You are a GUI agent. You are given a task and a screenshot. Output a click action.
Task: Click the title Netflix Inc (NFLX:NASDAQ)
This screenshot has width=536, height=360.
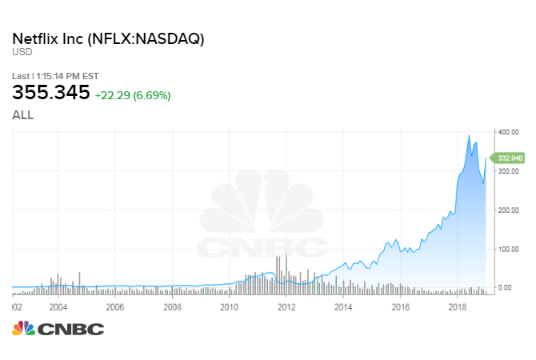click(x=108, y=38)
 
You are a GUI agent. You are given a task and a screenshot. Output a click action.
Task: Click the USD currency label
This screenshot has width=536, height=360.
click(x=22, y=53)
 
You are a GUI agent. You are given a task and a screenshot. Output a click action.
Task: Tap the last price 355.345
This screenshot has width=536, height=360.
click(x=50, y=94)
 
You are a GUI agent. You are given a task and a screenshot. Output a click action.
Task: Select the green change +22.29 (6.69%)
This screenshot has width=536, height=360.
click(x=132, y=95)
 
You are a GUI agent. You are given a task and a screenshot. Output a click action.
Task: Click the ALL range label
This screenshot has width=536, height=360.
click(x=22, y=115)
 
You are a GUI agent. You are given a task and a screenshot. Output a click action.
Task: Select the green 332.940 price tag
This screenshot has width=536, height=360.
click(x=510, y=158)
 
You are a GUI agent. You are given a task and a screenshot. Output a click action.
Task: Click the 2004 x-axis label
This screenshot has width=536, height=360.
click(x=58, y=306)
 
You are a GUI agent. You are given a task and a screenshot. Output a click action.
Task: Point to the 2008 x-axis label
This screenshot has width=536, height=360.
click(x=172, y=306)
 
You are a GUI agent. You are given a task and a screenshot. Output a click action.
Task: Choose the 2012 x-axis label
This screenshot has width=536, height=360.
click(x=286, y=306)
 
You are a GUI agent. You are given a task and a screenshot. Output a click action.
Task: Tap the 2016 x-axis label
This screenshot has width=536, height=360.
click(x=401, y=306)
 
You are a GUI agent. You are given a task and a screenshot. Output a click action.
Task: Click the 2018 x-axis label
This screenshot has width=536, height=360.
click(x=458, y=306)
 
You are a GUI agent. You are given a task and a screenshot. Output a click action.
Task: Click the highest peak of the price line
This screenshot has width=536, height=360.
click(x=469, y=135)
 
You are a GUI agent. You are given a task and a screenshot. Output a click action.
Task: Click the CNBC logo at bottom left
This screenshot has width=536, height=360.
click(x=58, y=329)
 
